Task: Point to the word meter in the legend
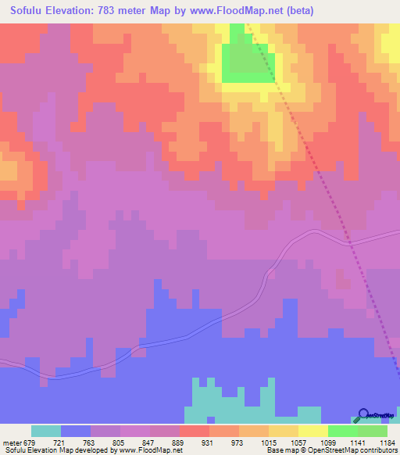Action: (10, 442)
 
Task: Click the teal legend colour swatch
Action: (46, 431)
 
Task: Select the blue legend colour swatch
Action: (76, 431)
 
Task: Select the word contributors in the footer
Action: (377, 450)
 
